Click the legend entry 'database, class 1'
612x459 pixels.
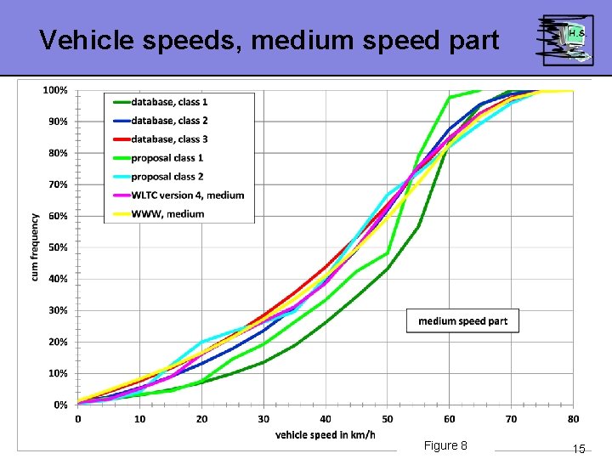click(x=169, y=102)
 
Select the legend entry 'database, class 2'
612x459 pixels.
click(x=169, y=121)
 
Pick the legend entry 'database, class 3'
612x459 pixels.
click(x=169, y=139)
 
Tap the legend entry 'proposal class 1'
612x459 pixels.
click(x=167, y=158)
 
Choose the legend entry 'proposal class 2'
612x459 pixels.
click(x=167, y=177)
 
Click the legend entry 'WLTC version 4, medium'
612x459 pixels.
click(x=187, y=195)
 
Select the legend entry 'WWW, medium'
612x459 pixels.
click(x=167, y=214)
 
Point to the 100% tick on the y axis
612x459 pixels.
click(x=55, y=90)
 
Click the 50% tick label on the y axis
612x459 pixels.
click(x=57, y=247)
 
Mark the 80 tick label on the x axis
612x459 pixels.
click(x=573, y=418)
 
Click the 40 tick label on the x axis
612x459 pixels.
click(x=326, y=418)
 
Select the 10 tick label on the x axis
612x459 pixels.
click(x=140, y=418)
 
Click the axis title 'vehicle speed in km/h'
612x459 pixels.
click(x=326, y=434)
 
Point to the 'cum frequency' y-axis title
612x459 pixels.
click(x=36, y=246)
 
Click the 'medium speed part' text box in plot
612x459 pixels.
click(x=462, y=320)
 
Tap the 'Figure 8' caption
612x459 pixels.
click(x=445, y=446)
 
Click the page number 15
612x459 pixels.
click(x=578, y=449)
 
